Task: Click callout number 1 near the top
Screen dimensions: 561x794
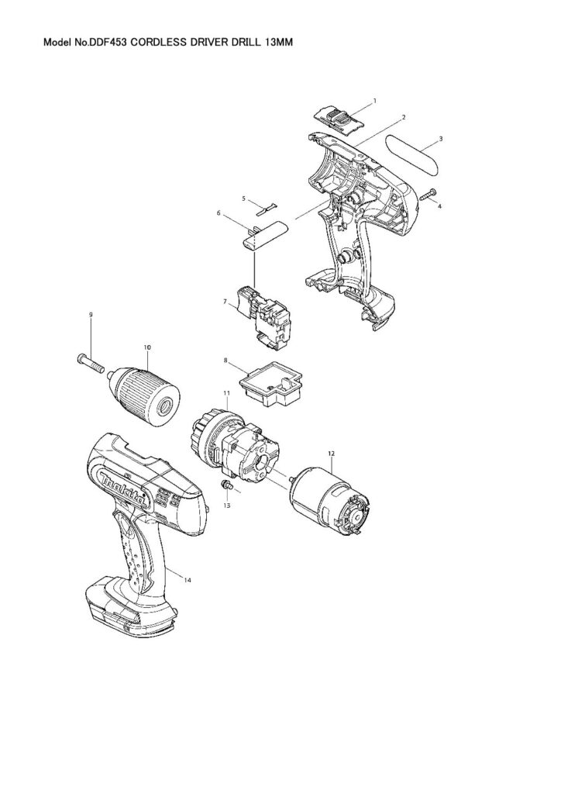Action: pyautogui.click(x=374, y=101)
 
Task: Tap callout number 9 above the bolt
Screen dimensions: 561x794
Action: pyautogui.click(x=91, y=315)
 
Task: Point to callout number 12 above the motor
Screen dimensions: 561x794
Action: pyautogui.click(x=332, y=454)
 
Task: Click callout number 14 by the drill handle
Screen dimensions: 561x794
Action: pyautogui.click(x=188, y=580)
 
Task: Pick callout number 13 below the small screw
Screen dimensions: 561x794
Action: pyautogui.click(x=227, y=506)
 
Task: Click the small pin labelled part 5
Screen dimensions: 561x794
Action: pyautogui.click(x=269, y=206)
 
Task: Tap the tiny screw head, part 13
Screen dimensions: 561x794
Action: pyautogui.click(x=225, y=485)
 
